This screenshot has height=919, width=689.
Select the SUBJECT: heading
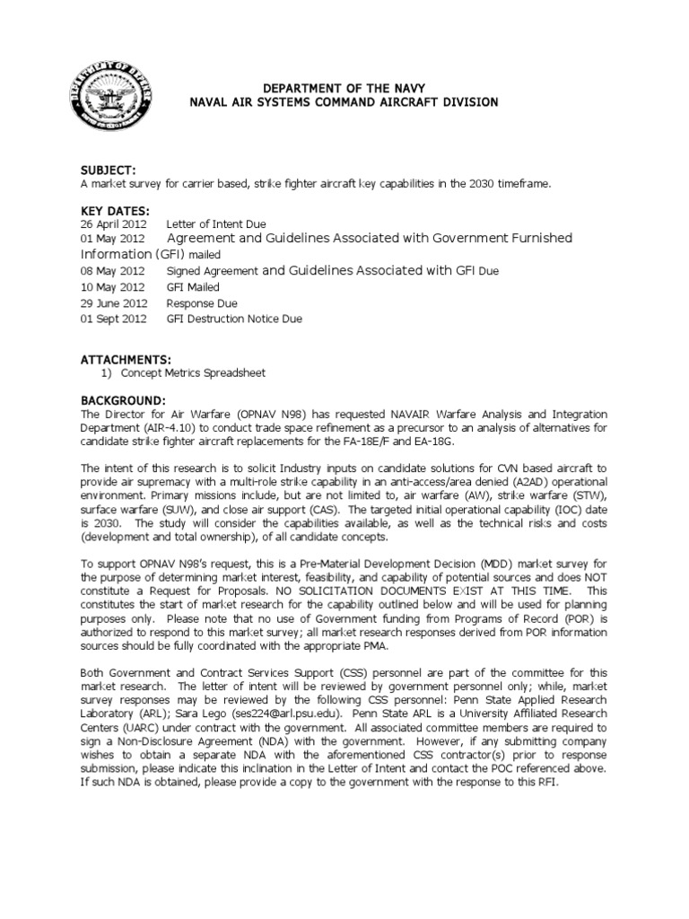click(109, 171)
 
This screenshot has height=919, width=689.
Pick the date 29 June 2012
click(112, 304)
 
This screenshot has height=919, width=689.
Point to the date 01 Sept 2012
click(111, 319)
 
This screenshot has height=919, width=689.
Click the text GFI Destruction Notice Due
click(234, 319)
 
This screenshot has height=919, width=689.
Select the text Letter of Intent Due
click(215, 223)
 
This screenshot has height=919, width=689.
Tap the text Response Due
click(202, 304)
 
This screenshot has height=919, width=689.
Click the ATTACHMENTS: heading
click(125, 359)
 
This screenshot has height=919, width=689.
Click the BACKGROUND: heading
click(123, 399)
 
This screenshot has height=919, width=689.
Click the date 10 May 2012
click(110, 288)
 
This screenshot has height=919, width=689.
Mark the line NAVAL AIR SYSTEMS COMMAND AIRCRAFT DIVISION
click(342, 104)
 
